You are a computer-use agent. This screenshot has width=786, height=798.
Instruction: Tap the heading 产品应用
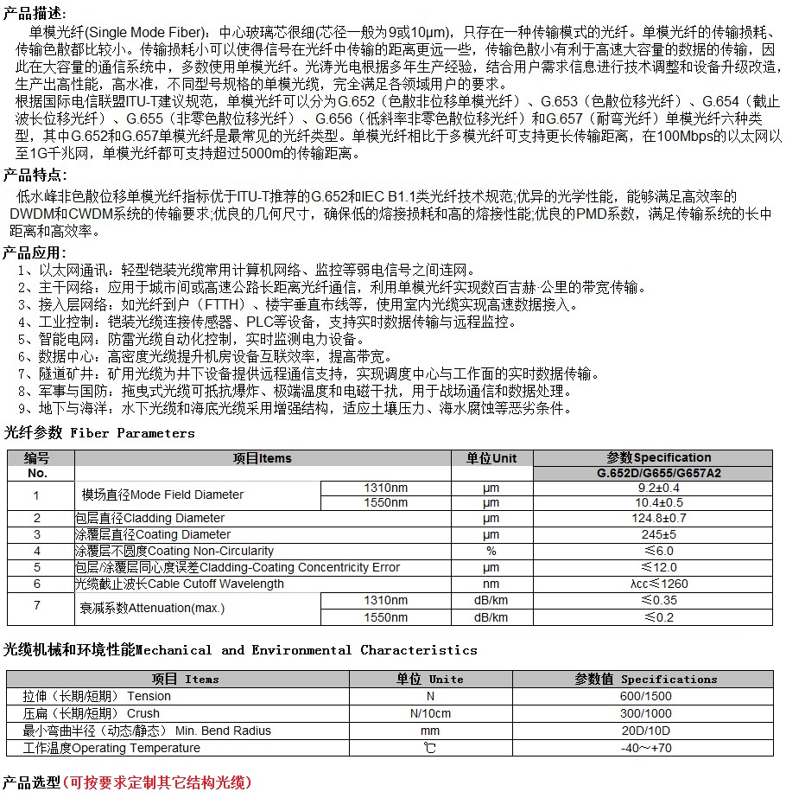coord(35,252)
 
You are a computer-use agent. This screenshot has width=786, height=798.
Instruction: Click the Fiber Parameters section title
coord(100,432)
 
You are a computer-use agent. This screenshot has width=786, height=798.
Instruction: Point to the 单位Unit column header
coord(491,458)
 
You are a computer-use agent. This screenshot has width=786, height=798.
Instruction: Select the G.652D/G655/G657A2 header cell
coord(659,474)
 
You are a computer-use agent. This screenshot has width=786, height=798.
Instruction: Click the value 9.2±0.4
coord(659,488)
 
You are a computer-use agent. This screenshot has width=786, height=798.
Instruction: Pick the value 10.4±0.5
coord(659,502)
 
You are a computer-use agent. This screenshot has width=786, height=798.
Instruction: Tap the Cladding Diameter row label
coord(150,518)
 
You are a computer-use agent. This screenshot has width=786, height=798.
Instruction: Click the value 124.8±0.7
coord(659,518)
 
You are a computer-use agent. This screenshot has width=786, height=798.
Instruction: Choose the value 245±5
coord(659,534)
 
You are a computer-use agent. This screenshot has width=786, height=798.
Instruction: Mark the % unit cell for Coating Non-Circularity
coord(491,551)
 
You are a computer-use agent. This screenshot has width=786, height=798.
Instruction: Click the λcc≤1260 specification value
coord(659,584)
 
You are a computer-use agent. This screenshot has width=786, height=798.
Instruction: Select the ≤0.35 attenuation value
coord(659,600)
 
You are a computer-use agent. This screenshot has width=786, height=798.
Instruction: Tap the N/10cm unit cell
coord(429,713)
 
